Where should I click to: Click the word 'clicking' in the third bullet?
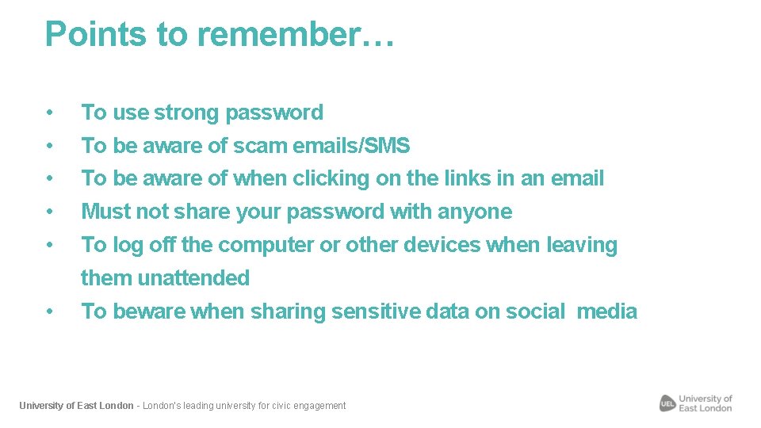click(331, 179)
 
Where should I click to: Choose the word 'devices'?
click(442, 246)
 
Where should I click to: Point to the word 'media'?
click(607, 311)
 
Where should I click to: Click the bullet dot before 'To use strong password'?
click(50, 113)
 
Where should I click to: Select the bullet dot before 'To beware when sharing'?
click(50, 311)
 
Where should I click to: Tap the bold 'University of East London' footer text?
click(76, 406)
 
